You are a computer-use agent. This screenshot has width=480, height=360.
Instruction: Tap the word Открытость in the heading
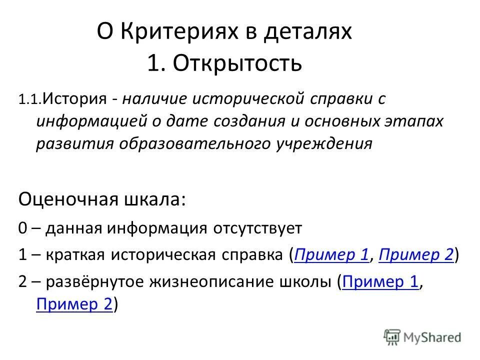tap(237, 63)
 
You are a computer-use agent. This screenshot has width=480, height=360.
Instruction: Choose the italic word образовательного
tap(193, 143)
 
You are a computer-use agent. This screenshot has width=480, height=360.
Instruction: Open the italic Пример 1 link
tap(331, 255)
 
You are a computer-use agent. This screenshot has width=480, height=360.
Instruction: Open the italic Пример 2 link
tap(416, 255)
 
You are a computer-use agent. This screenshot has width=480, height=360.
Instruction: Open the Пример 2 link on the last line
tap(74, 304)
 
